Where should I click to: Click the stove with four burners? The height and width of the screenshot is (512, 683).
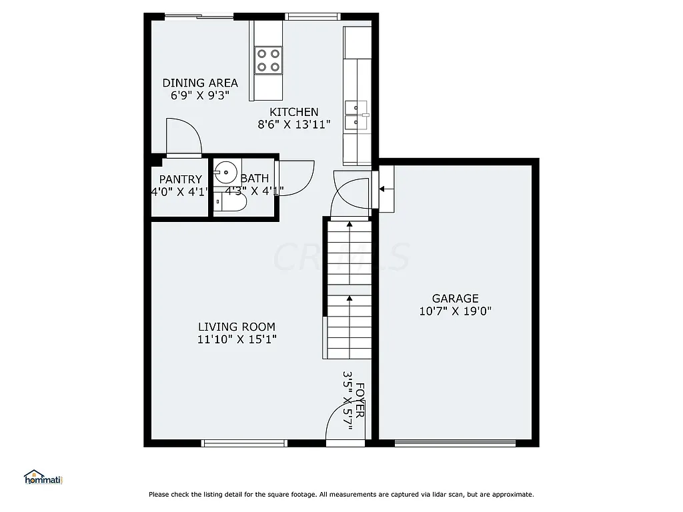(269, 59)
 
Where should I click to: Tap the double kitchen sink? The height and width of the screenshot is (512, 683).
(357, 115)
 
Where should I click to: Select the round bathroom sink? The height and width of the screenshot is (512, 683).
(225, 173)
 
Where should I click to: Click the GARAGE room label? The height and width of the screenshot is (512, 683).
(455, 299)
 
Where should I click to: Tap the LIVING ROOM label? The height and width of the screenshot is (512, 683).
(236, 327)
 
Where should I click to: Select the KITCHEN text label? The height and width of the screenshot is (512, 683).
(293, 112)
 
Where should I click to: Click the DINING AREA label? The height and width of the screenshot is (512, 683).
(200, 83)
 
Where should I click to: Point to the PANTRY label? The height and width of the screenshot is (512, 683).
(180, 179)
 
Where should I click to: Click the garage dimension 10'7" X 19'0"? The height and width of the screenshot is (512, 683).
(456, 311)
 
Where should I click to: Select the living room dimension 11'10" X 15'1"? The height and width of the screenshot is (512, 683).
(237, 339)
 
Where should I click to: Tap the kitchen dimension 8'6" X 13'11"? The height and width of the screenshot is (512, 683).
(294, 124)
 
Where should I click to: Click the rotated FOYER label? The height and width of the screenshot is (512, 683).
(360, 400)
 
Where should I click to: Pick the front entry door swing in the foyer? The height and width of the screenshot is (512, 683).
(342, 423)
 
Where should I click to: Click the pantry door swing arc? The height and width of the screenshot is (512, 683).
(183, 136)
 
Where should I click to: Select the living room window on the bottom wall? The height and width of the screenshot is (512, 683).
(244, 443)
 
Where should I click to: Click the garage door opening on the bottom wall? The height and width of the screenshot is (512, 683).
(455, 443)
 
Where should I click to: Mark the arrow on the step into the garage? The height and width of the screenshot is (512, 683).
(382, 189)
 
